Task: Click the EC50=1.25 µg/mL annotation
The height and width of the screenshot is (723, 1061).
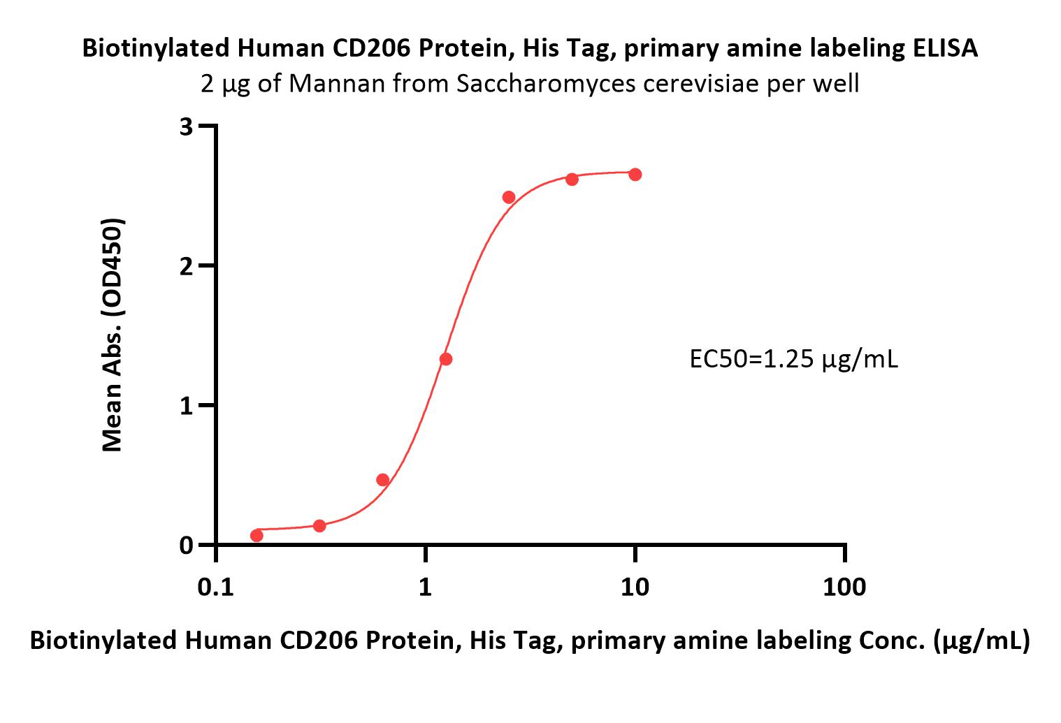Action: pos(793,359)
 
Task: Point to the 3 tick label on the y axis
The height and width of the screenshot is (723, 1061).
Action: pos(186,127)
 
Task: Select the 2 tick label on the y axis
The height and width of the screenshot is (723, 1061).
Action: pos(186,267)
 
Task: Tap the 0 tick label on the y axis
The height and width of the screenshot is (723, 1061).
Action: pos(186,546)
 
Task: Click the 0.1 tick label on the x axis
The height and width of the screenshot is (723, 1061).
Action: pos(215,587)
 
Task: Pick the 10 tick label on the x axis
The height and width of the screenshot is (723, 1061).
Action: pos(635,587)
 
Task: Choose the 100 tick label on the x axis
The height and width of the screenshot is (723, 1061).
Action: pos(844,587)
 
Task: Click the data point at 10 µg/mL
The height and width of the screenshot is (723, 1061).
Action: pos(635,175)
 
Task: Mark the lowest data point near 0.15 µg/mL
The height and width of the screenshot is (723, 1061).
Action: pos(257,536)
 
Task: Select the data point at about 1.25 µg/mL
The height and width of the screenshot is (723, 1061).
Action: pos(446,359)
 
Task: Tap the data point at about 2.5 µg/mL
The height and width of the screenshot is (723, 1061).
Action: pos(509,198)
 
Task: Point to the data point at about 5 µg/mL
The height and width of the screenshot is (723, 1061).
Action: pos(572,180)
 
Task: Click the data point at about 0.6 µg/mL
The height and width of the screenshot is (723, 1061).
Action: pos(383,480)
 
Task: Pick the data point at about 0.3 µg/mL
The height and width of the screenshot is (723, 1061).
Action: pos(319,525)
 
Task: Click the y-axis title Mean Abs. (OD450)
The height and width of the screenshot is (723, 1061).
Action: pos(113,335)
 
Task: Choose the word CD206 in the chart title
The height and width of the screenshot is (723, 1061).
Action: pos(371,48)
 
